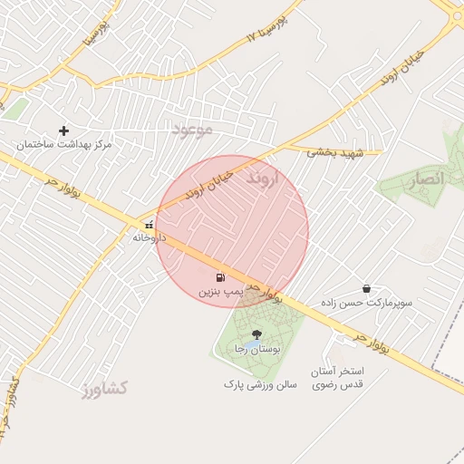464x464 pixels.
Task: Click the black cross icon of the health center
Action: point(63,130)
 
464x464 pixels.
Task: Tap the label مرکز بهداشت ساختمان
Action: point(63,145)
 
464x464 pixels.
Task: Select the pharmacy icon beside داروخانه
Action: point(148,224)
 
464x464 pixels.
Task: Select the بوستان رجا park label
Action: point(254,349)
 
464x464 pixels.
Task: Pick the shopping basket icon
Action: point(366,288)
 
